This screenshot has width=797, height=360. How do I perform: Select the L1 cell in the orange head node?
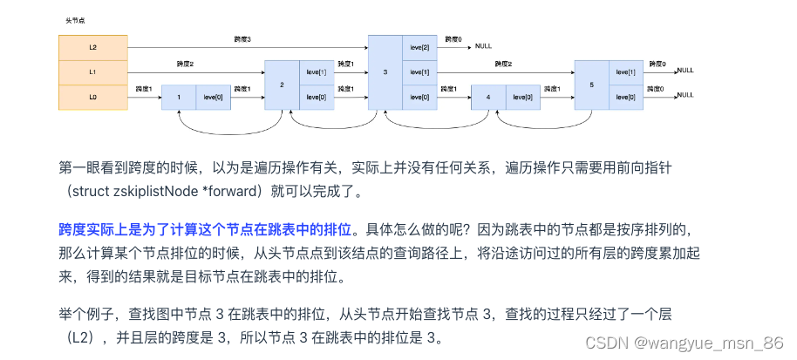coord(92,72)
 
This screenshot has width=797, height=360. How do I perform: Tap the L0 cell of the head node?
coord(92,98)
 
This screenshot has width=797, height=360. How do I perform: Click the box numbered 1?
coord(179,98)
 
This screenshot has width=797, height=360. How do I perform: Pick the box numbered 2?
coord(282,85)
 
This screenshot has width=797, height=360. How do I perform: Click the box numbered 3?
coord(385,72)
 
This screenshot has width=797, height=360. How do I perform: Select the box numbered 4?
coord(487,98)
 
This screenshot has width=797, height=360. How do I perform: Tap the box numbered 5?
coord(591,85)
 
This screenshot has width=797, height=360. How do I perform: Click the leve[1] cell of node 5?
coord(625,72)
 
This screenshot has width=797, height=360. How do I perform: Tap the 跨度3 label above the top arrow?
coord(243,39)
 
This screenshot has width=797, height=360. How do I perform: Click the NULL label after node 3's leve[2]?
coord(484,45)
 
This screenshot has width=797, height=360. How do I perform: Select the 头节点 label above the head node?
coord(75,18)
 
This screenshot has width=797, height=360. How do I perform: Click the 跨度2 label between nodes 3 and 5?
coord(503,64)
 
